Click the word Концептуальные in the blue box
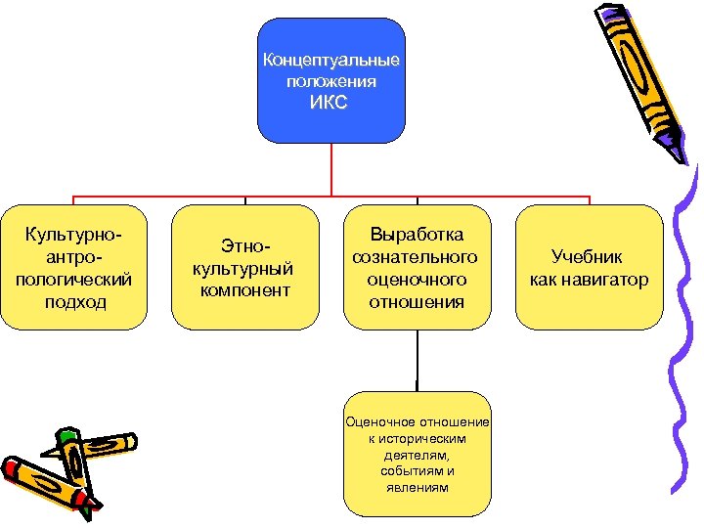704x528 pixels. pyautogui.click(x=330, y=61)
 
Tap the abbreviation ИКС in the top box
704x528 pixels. pyautogui.click(x=330, y=103)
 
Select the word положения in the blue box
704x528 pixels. pyautogui.click(x=330, y=82)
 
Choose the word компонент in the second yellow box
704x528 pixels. pyautogui.click(x=244, y=290)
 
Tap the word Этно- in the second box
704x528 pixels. pyautogui.click(x=244, y=247)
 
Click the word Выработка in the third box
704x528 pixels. pyautogui.click(x=417, y=236)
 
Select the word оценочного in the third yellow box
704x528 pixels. pyautogui.click(x=417, y=280)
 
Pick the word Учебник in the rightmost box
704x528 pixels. pyautogui.click(x=588, y=258)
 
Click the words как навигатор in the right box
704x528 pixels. pyautogui.click(x=588, y=281)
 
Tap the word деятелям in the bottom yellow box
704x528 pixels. pyautogui.click(x=417, y=455)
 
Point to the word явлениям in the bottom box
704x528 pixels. pyautogui.click(x=417, y=487)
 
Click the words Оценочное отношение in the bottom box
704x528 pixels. pyautogui.click(x=417, y=421)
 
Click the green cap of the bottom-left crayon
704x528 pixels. pyautogui.click(x=66, y=434)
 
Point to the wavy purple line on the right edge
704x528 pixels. pyautogui.click(x=683, y=342)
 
